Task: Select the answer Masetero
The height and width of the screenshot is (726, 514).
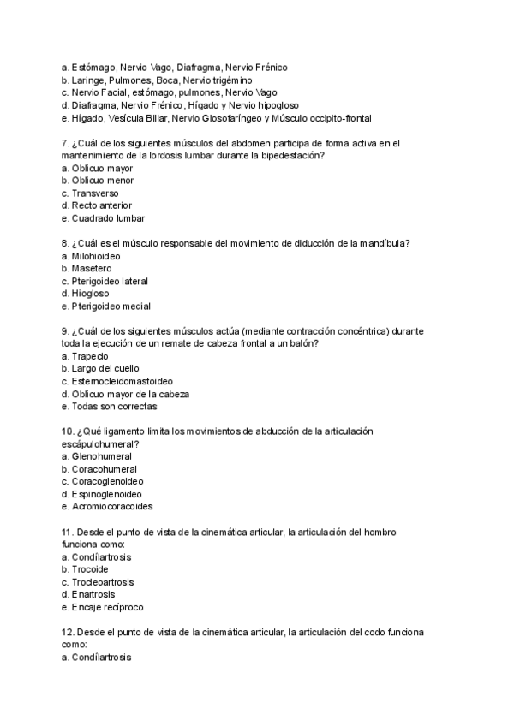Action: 91,268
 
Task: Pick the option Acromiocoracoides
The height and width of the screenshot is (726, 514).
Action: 109,506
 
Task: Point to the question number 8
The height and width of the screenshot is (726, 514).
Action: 65,243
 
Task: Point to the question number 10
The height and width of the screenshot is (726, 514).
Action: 69,431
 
